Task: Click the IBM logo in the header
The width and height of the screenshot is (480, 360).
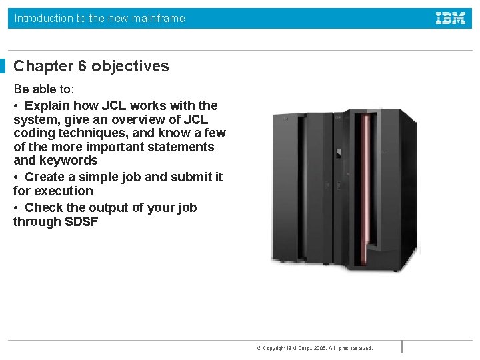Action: [x=451, y=19]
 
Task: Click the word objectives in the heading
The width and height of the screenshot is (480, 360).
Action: [x=131, y=66]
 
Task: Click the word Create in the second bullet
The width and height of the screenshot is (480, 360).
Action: [x=45, y=177]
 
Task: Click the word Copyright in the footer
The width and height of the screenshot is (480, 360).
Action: [x=275, y=348]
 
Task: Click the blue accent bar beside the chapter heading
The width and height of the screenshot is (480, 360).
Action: [x=3, y=66]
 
